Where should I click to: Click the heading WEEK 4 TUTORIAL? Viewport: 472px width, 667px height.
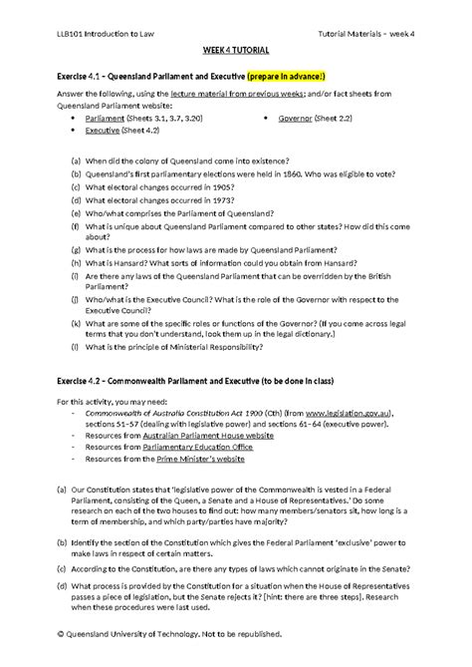pos(235,49)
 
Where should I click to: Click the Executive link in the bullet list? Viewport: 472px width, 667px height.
pos(103,130)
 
